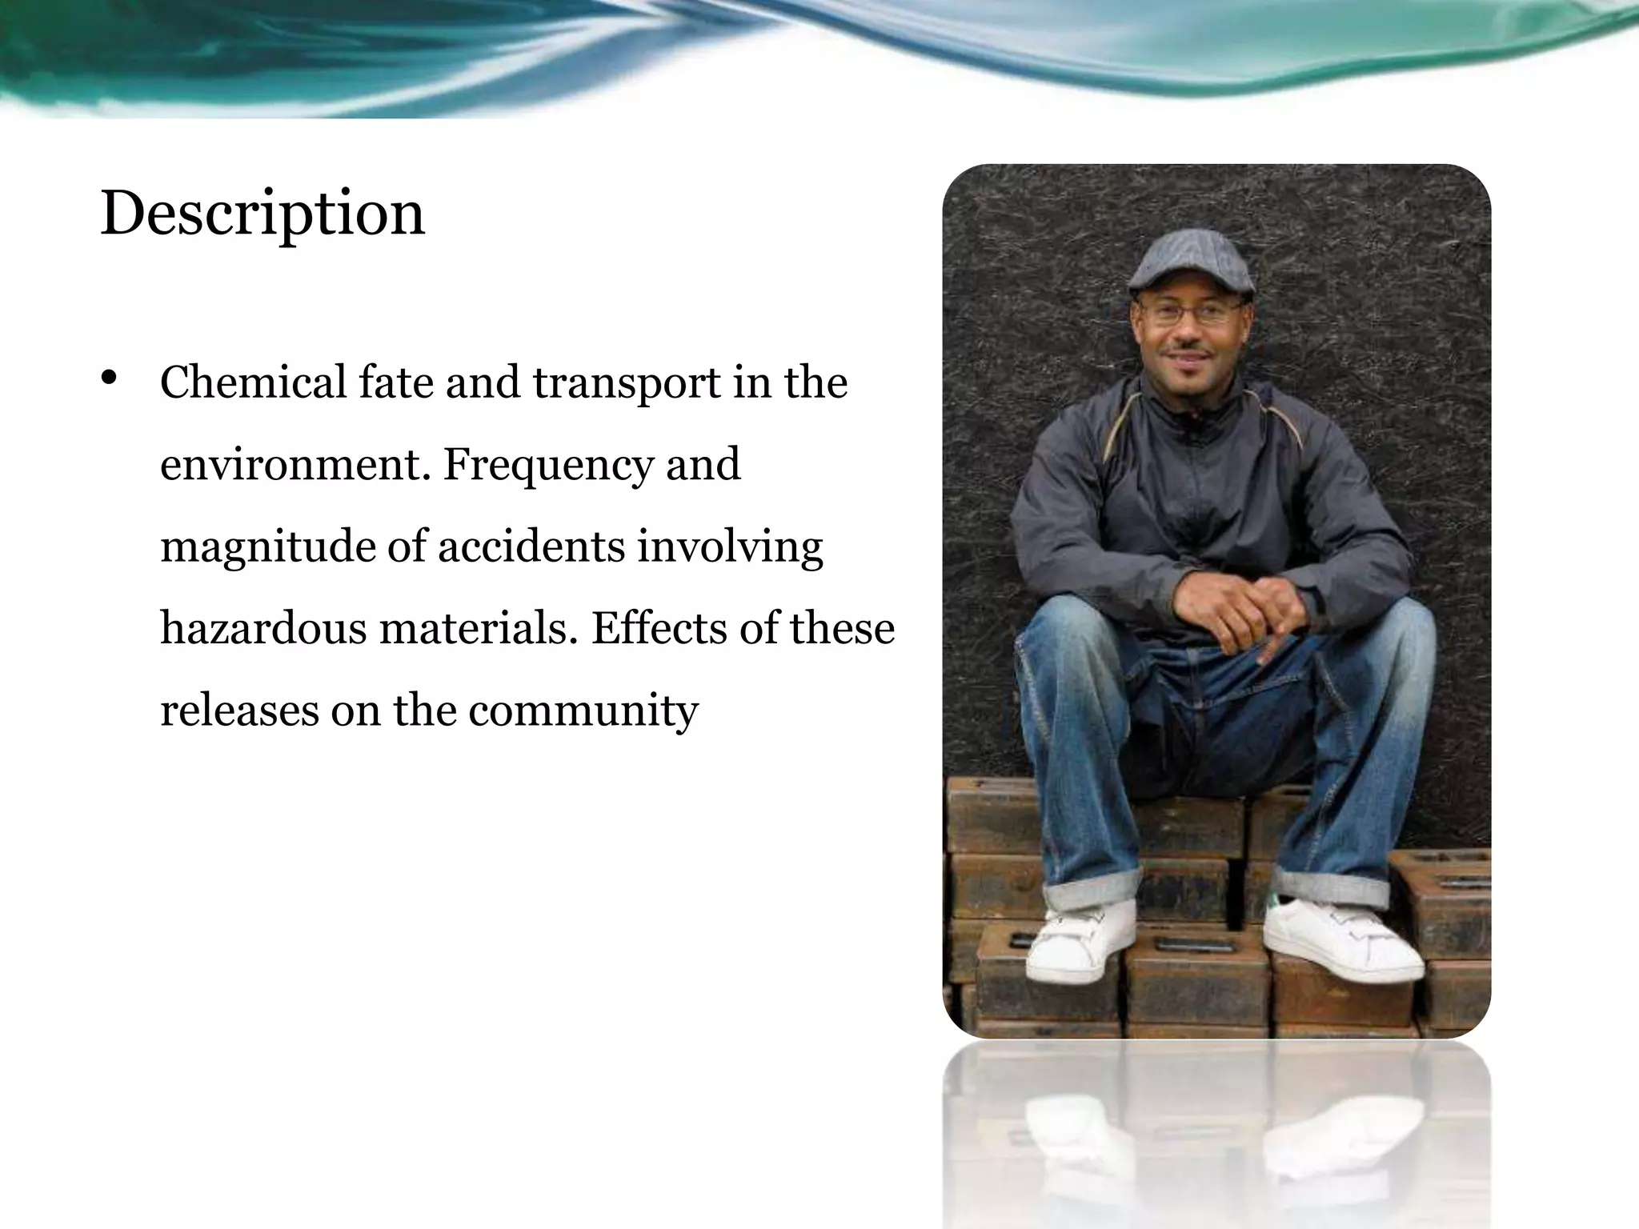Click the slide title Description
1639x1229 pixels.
pos(262,214)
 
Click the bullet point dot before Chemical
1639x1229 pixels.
pos(110,378)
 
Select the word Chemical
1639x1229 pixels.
pos(253,382)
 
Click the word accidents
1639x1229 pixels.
pos(531,546)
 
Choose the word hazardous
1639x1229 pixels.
pos(263,628)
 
